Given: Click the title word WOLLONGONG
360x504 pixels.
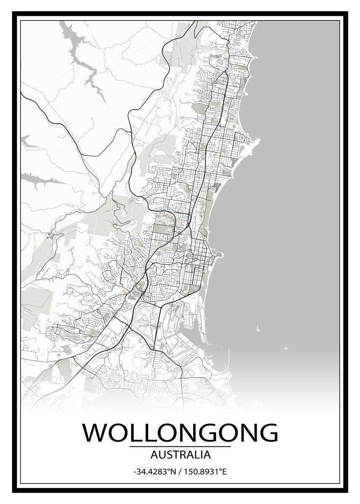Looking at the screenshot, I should point(180,433).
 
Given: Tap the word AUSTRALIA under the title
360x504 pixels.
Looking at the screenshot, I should point(180,454).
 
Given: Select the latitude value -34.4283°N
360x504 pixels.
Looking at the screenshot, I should point(154,472).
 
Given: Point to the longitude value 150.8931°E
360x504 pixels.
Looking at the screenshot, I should point(205,472).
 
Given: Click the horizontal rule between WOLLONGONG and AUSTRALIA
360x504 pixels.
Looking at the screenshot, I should point(180,446).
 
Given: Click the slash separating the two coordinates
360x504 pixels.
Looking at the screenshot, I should point(179,472).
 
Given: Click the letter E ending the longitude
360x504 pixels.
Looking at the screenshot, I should point(224,472).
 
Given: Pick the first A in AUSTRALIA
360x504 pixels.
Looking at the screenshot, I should point(152,454).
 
